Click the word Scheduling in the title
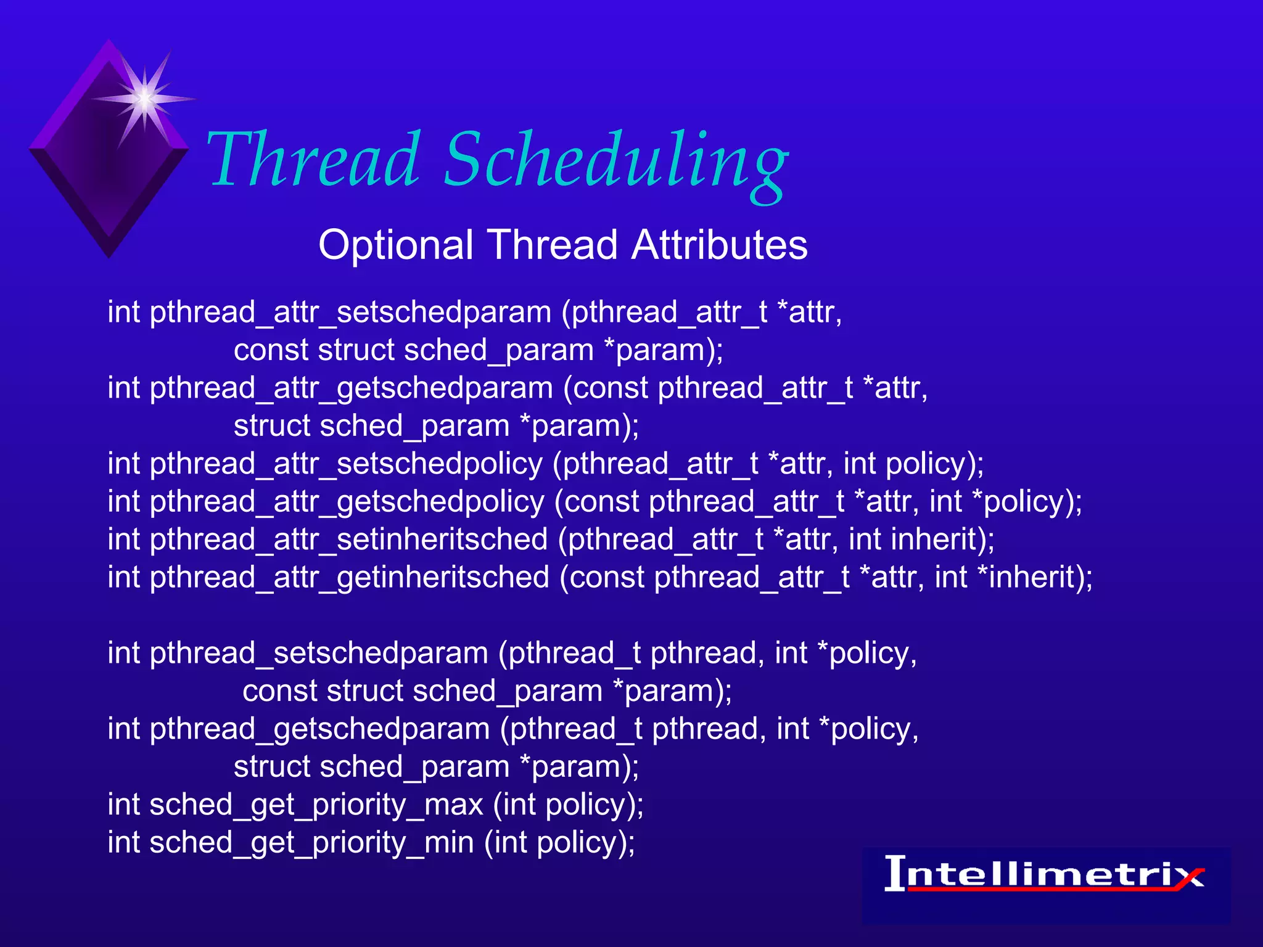pos(615,162)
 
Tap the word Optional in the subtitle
pos(395,245)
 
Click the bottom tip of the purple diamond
pos(109,255)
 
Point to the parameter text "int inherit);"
pos(921,540)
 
